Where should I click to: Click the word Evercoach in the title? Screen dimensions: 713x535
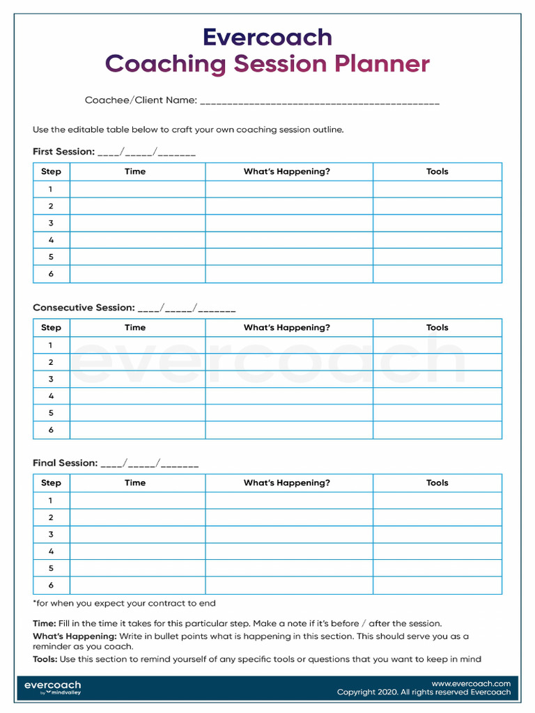pos(267,37)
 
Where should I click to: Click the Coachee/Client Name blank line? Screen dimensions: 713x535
pos(319,102)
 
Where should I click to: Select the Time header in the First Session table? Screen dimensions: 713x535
pos(135,172)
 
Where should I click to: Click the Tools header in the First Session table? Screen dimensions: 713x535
pos(437,172)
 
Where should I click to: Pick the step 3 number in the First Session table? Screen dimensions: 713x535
pos(51,224)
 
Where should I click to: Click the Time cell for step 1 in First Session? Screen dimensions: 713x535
pos(137,189)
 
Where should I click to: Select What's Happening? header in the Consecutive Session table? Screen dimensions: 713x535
pos(286,328)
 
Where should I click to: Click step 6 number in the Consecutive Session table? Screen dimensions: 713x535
pos(51,430)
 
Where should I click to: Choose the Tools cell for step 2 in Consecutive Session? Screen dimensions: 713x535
pos(437,362)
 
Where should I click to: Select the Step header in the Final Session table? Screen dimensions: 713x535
pos(51,483)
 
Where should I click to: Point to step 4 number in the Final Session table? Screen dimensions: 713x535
pos(51,551)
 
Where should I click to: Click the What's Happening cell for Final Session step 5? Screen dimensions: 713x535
pos(288,568)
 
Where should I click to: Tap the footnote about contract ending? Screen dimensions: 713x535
pos(124,604)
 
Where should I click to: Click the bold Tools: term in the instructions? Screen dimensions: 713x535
pos(45,659)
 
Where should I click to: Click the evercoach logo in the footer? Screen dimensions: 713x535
pos(52,687)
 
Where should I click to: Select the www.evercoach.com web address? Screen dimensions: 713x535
pos(471,684)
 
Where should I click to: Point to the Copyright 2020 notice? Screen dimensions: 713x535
pos(424,693)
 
